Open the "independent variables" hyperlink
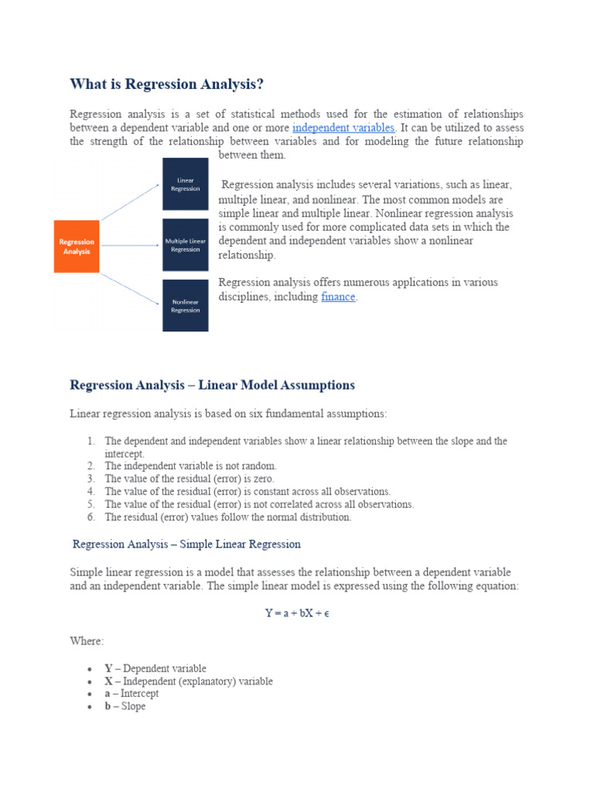click(x=343, y=127)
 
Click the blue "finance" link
click(x=338, y=297)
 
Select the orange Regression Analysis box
click(x=77, y=246)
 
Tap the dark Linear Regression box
click(x=185, y=184)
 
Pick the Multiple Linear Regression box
click(x=185, y=245)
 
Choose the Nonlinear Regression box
click(x=185, y=306)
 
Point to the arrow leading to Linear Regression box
click(x=130, y=205)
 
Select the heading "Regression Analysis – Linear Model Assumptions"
click(x=212, y=385)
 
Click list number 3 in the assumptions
click(x=90, y=479)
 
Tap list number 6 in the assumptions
click(x=90, y=517)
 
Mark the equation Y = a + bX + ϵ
click(x=298, y=613)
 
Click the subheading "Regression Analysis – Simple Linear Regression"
click(x=186, y=544)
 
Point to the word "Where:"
click(x=87, y=642)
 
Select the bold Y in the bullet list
click(x=108, y=668)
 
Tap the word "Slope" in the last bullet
click(x=133, y=706)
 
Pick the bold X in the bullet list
click(x=108, y=681)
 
